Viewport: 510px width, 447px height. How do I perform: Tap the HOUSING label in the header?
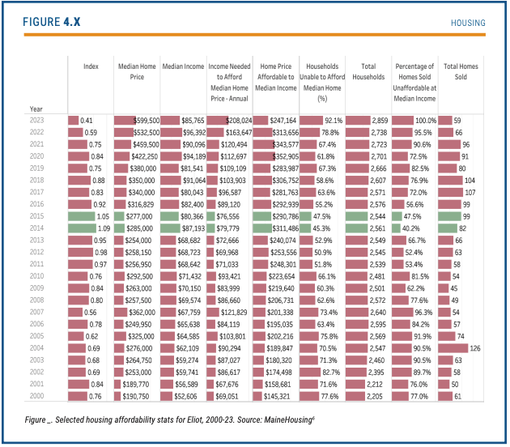pos(468,23)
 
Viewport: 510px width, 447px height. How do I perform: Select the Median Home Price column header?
pos(135,71)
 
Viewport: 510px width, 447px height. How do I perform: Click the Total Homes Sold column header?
pos(461,71)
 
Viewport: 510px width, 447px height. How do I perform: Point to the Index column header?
pos(91,66)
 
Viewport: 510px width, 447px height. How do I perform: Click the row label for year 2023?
pos(37,120)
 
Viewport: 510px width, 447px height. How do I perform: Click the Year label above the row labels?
pos(36,108)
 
